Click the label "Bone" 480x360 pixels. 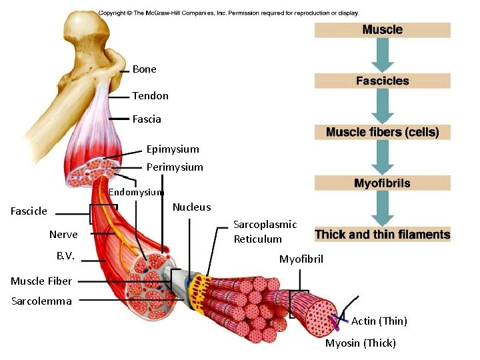(144, 69)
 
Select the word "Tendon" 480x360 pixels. (150, 96)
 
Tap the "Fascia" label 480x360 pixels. (147, 119)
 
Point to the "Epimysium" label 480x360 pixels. (173, 149)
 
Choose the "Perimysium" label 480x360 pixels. (175, 167)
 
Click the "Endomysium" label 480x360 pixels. (135, 193)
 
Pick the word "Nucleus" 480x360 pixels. (191, 207)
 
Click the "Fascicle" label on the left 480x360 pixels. (29, 211)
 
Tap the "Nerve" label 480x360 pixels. (63, 235)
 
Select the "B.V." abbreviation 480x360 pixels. (65, 255)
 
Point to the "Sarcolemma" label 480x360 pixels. (41, 301)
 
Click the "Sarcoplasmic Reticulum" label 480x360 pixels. (265, 232)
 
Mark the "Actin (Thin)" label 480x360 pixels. (379, 321)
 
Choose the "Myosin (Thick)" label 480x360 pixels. (360, 343)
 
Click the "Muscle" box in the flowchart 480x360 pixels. (382, 30)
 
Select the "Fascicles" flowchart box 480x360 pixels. (382, 81)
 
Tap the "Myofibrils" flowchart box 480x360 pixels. (382, 183)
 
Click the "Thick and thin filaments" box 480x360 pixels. (382, 234)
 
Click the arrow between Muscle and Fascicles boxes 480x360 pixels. (382, 55)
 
